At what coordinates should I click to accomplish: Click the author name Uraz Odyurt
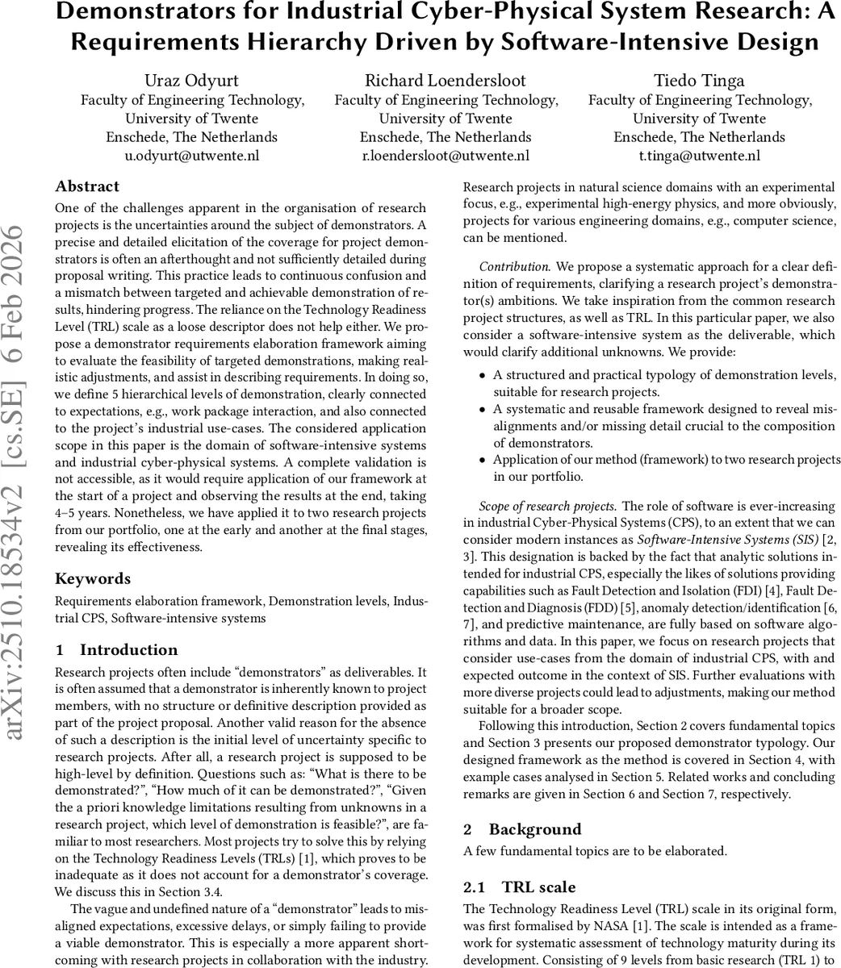(x=192, y=80)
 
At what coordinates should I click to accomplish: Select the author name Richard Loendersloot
(x=446, y=80)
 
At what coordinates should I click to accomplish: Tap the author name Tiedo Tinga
(x=699, y=80)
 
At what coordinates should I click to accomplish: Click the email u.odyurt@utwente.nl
(x=192, y=156)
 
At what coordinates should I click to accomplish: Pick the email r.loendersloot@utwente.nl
(x=446, y=156)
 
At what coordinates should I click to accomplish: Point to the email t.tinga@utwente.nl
(x=699, y=156)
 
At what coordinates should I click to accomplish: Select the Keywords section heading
(x=92, y=578)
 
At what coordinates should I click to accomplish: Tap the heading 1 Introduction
(x=116, y=650)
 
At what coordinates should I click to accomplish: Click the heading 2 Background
(x=522, y=829)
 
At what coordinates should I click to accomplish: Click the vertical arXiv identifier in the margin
(x=18, y=484)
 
